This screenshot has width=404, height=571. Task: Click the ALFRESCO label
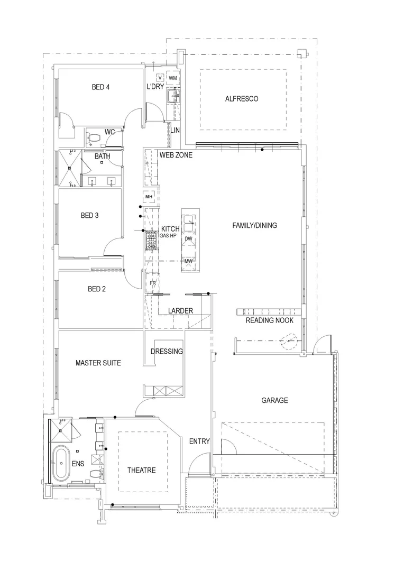pyautogui.click(x=241, y=99)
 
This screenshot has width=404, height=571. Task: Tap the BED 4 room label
pyautogui.click(x=100, y=87)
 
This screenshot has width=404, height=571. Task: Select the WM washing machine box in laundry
pyautogui.click(x=173, y=78)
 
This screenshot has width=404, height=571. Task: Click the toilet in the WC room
pyautogui.click(x=94, y=139)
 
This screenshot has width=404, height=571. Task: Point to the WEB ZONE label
pyautogui.click(x=176, y=155)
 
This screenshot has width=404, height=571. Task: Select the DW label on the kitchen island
pyautogui.click(x=189, y=239)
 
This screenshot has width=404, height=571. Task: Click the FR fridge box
pyautogui.click(x=152, y=283)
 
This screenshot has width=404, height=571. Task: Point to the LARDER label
pyautogui.click(x=180, y=311)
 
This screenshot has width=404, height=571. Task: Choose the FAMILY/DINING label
pyautogui.click(x=254, y=226)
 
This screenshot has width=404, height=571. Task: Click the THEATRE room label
pyautogui.click(x=141, y=470)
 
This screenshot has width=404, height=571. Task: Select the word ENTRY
pyautogui.click(x=199, y=441)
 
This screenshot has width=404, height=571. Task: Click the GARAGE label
pyautogui.click(x=274, y=400)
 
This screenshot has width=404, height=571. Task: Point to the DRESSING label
pyautogui.click(x=167, y=352)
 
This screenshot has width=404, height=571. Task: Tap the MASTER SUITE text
pyautogui.click(x=98, y=363)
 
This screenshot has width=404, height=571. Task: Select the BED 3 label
pyautogui.click(x=89, y=216)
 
